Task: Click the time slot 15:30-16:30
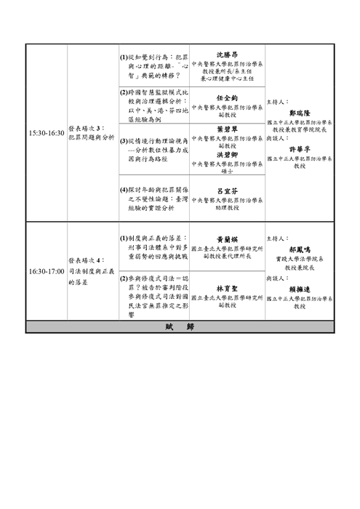45,135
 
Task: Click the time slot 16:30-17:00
45,270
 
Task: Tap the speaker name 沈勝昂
227,54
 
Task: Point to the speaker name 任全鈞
227,97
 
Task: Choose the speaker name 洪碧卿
227,154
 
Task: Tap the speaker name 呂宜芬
227,191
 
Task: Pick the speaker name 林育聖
227,288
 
